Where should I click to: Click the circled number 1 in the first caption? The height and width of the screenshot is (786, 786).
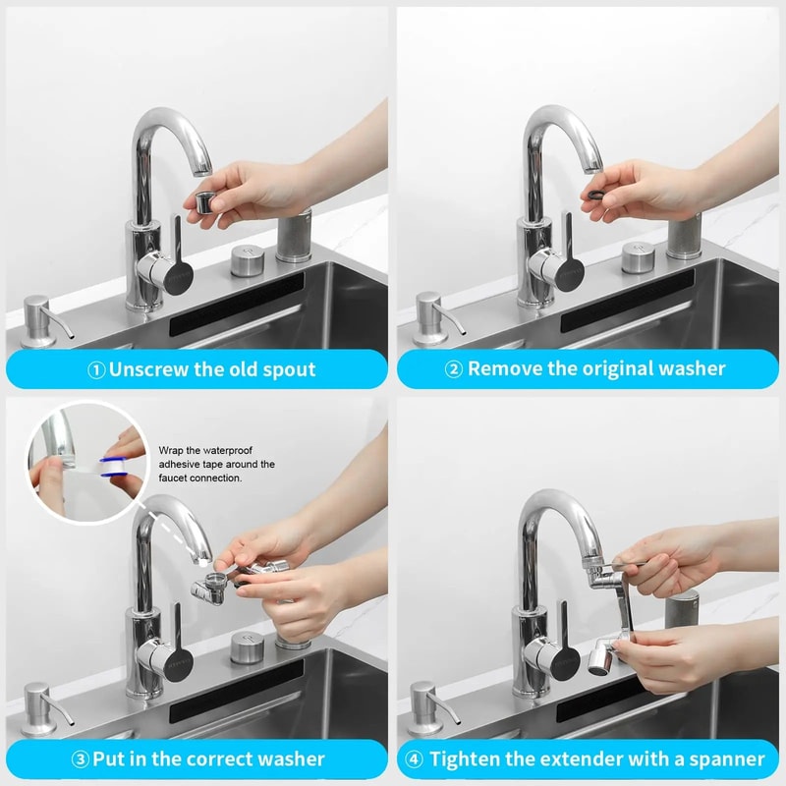tap(96, 370)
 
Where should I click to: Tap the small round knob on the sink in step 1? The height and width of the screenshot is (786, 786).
tap(246, 260)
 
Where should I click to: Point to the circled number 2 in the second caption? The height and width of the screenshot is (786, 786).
tap(454, 370)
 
